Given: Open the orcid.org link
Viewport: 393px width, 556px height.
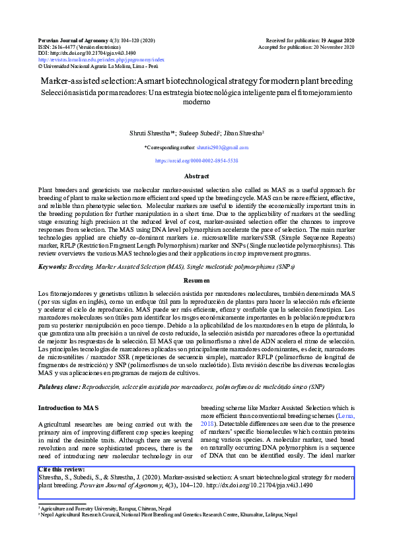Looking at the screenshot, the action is pyautogui.click(x=196, y=160).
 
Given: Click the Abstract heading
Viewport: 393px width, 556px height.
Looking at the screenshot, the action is pyautogui.click(x=196, y=177).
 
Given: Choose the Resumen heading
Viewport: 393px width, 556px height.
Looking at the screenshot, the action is pyautogui.click(x=196, y=281).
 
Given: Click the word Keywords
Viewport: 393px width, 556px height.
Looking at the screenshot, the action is pyautogui.click(x=57, y=266).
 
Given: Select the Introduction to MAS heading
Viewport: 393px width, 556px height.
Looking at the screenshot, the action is pyautogui.click(x=68, y=408).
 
